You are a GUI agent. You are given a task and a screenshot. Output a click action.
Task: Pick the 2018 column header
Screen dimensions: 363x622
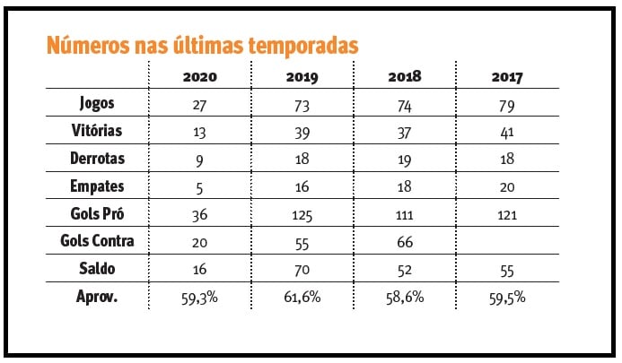pyautogui.click(x=405, y=78)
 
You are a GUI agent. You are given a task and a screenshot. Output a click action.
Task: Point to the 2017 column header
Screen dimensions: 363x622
pyautogui.click(x=508, y=78)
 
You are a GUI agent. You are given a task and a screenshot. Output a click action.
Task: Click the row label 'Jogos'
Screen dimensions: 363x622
pyautogui.click(x=97, y=103)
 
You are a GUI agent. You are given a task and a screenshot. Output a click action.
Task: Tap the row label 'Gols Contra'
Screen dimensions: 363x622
pyautogui.click(x=97, y=242)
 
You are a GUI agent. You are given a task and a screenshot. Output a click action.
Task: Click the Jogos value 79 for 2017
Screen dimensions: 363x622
pyautogui.click(x=508, y=104)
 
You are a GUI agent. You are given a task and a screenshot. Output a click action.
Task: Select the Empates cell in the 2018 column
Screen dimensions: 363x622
pyautogui.click(x=405, y=187)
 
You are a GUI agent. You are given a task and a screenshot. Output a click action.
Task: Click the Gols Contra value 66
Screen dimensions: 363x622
pyautogui.click(x=405, y=243)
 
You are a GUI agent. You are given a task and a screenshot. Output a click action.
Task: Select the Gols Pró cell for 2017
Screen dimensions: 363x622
pyautogui.click(x=508, y=215)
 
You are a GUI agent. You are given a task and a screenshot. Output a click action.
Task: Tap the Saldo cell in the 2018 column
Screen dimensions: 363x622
pyautogui.click(x=405, y=271)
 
